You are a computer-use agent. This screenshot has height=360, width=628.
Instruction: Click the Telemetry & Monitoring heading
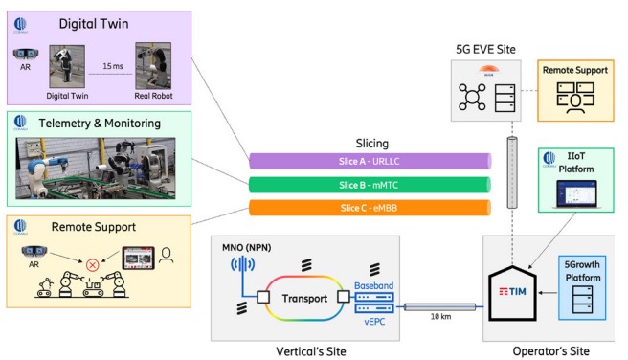[x=101, y=123]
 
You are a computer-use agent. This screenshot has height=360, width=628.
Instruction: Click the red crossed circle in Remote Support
[x=93, y=264]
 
